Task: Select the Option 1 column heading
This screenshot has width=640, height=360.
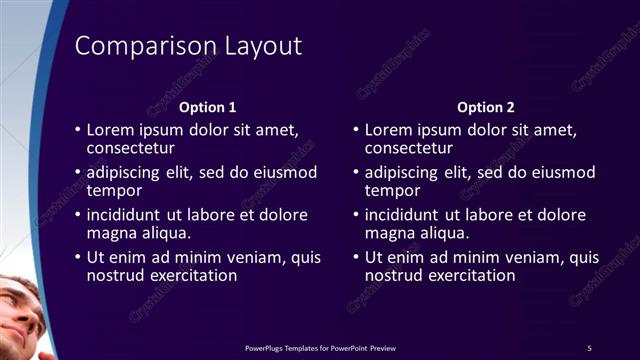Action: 208,107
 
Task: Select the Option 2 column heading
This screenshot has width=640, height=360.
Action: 486,107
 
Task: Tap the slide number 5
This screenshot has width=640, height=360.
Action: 589,347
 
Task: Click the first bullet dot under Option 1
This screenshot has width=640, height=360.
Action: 78,130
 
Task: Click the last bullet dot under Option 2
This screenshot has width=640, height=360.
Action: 356,258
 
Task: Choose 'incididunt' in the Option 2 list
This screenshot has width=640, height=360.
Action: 404,215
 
